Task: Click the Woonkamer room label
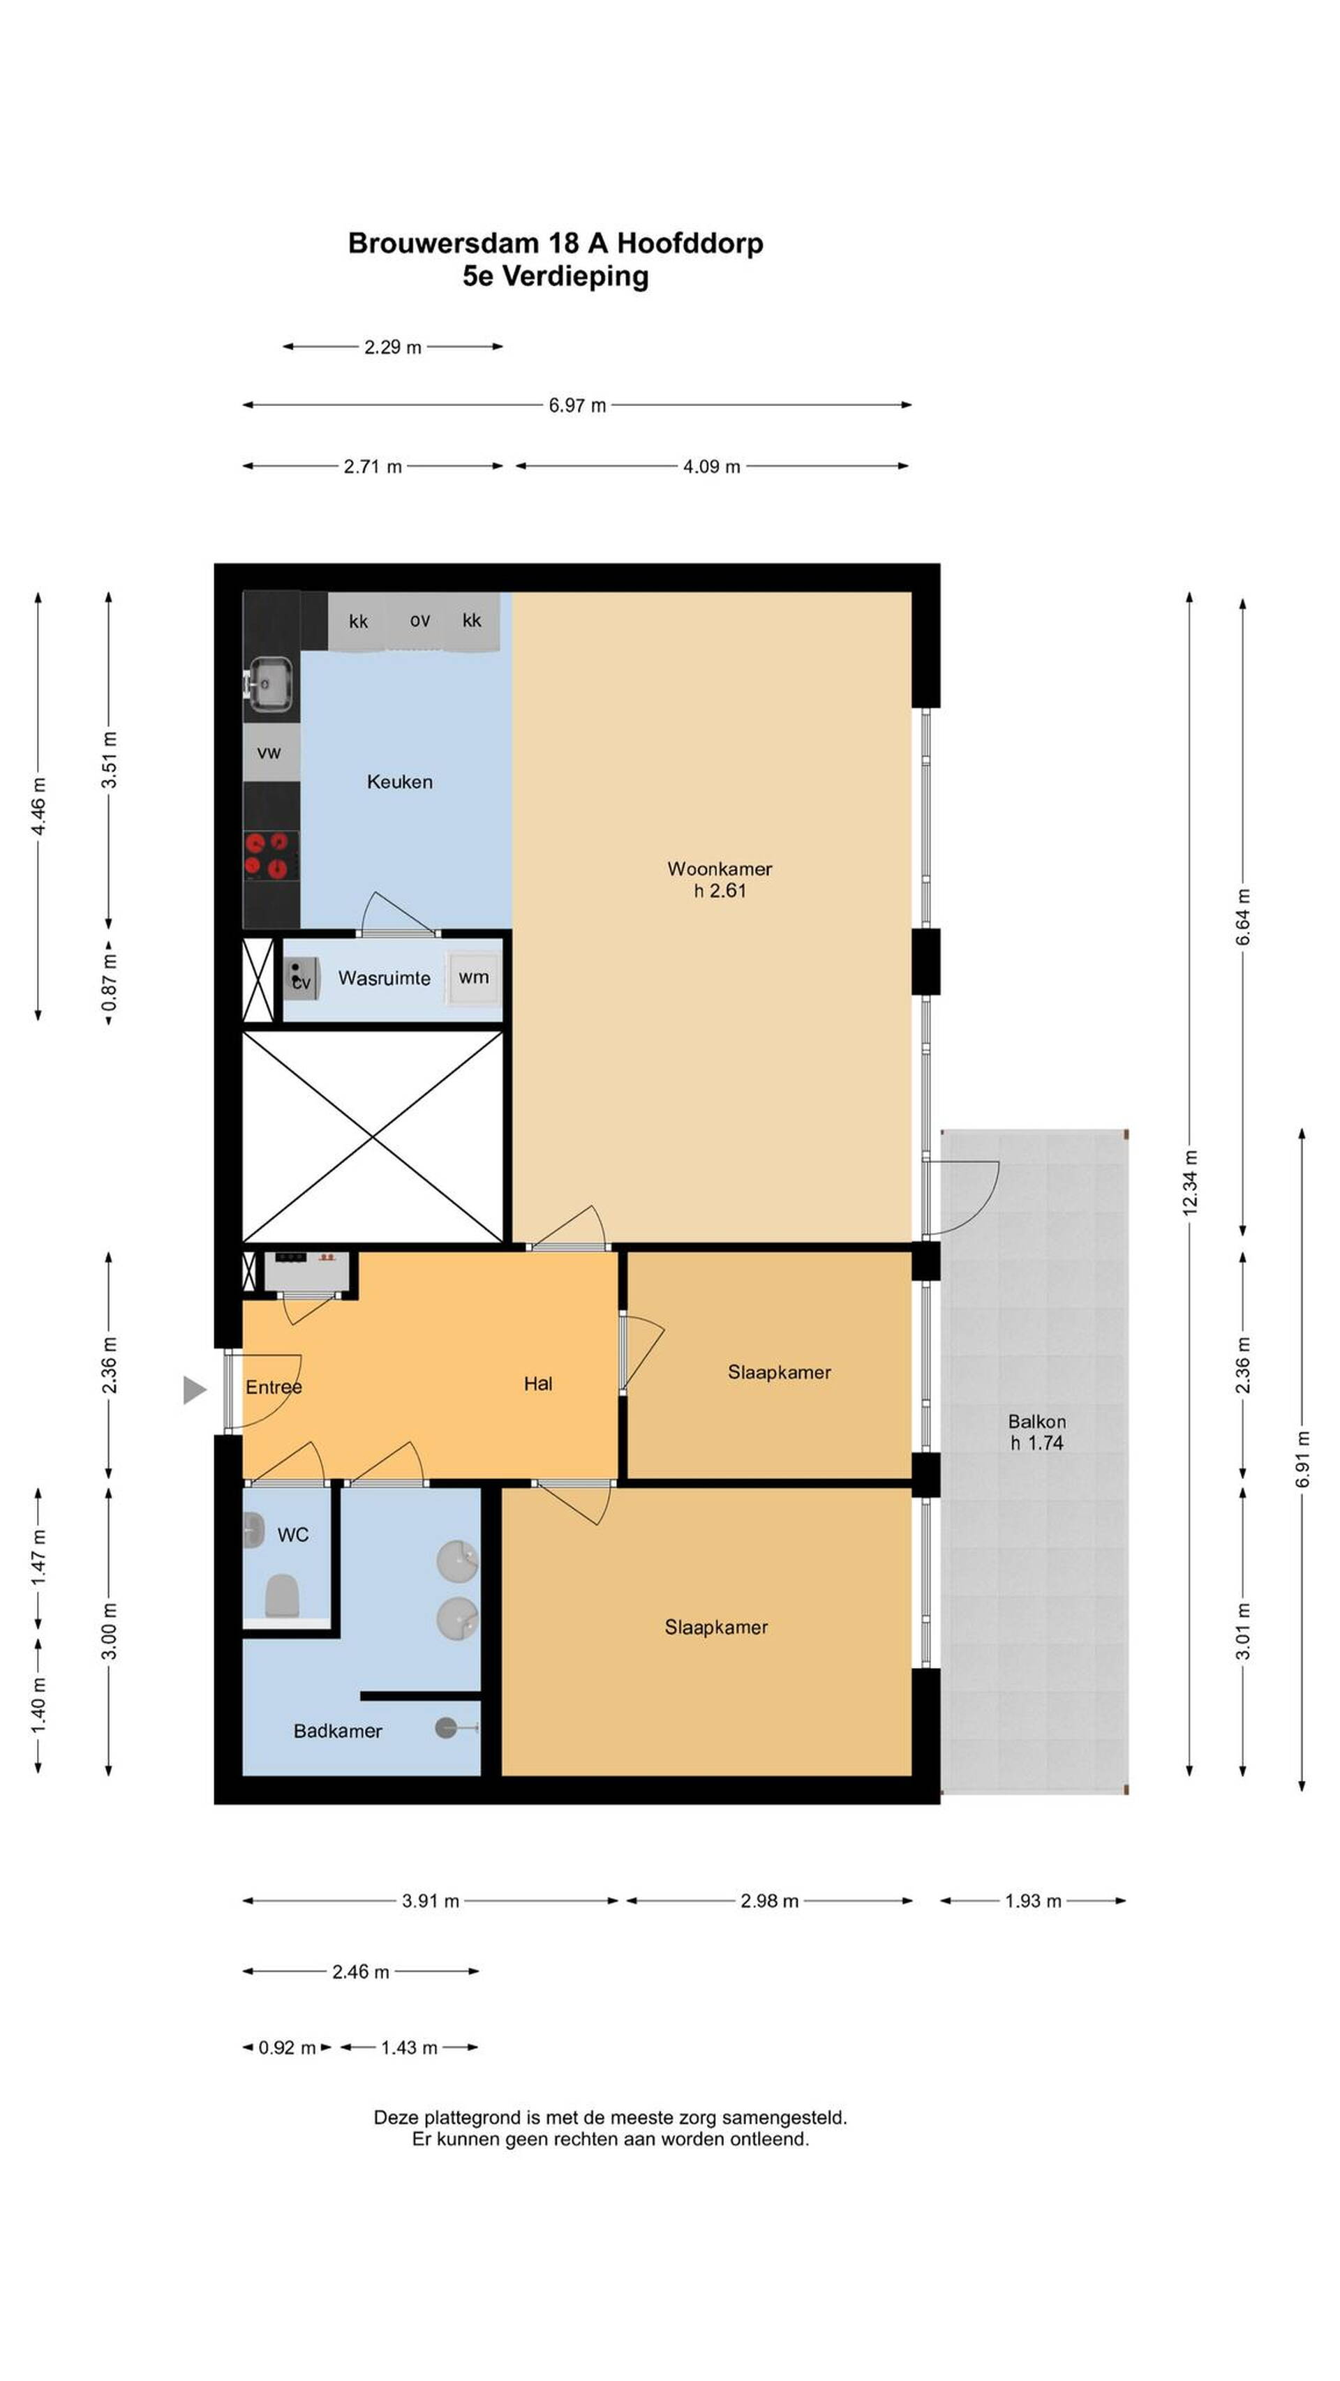pyautogui.click(x=719, y=868)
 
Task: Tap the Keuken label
pyautogui.click(x=399, y=781)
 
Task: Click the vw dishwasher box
pyautogui.click(x=270, y=751)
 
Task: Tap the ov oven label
pyautogui.click(x=420, y=620)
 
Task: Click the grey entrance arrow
pyautogui.click(x=194, y=1389)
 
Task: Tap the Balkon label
pyautogui.click(x=1036, y=1420)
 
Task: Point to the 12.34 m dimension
pyautogui.click(x=1189, y=1183)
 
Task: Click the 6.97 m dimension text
pyautogui.click(x=577, y=405)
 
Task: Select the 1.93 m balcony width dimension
pyautogui.click(x=1033, y=1900)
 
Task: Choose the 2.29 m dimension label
pyautogui.click(x=392, y=347)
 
